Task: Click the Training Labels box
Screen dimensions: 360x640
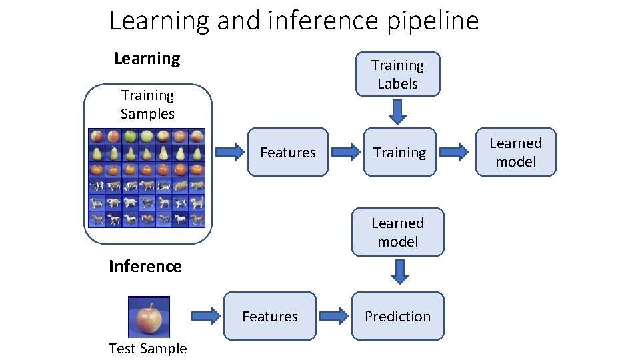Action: [397, 75]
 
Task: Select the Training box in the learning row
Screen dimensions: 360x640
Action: [399, 153]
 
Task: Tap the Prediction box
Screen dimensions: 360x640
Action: [397, 316]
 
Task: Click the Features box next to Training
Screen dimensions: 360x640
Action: [287, 153]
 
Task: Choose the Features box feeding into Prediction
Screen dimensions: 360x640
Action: [269, 316]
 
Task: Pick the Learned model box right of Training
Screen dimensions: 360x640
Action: [515, 152]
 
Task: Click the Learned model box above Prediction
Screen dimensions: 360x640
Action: [397, 232]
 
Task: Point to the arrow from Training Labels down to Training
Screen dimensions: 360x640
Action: [398, 112]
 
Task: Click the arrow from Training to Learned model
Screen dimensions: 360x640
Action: [455, 153]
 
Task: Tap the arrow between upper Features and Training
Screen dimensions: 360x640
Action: [345, 153]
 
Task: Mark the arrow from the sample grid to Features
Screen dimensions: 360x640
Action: [231, 153]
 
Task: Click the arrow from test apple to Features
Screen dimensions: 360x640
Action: [205, 316]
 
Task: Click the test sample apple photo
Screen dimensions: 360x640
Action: [149, 317]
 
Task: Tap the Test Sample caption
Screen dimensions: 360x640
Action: [147, 348]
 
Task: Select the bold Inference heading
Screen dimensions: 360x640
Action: [145, 267]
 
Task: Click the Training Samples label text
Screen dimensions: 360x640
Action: [147, 105]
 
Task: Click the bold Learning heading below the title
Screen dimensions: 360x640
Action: [147, 59]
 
